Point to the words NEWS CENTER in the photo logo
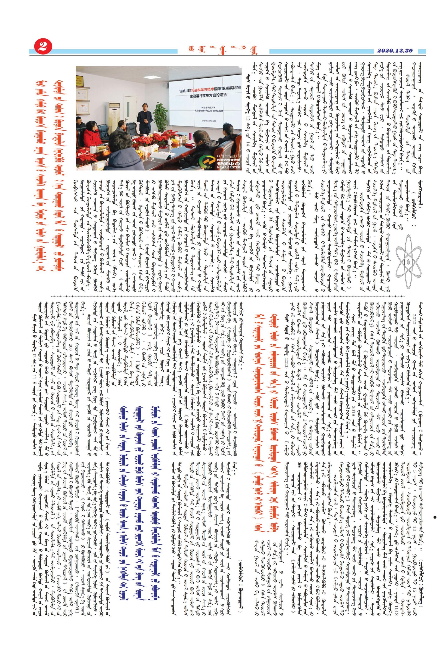pos(228,167)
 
